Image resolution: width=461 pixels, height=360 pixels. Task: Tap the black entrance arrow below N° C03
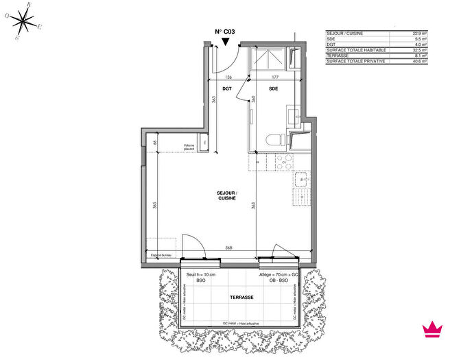[x=225, y=43]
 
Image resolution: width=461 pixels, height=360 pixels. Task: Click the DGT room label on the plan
[x=228, y=88]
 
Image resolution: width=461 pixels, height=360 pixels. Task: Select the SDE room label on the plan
[x=273, y=88]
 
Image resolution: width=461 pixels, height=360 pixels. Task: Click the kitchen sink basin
[x=300, y=180]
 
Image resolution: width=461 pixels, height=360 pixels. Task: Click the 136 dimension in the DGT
[x=227, y=77]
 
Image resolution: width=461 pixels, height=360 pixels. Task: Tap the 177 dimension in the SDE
[x=272, y=77]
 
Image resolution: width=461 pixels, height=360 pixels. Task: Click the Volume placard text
[x=190, y=146]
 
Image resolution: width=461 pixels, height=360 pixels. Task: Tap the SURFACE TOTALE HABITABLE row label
[x=356, y=50]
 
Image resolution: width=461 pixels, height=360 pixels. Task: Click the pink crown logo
[x=432, y=328]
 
